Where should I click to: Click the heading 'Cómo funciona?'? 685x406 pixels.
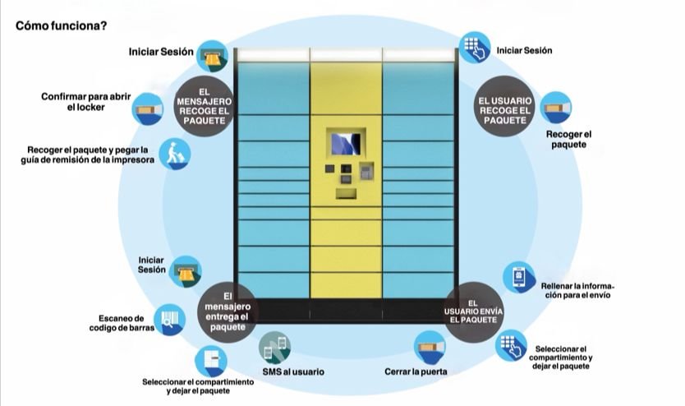coord(61,25)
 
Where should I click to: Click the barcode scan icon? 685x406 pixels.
coord(169,321)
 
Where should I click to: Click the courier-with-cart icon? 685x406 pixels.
coord(174,154)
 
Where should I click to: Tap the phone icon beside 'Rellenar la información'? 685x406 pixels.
coord(519,277)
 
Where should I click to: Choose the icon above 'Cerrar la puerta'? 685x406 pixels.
coord(430,348)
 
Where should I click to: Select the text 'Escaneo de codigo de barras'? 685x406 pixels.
coord(122,324)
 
